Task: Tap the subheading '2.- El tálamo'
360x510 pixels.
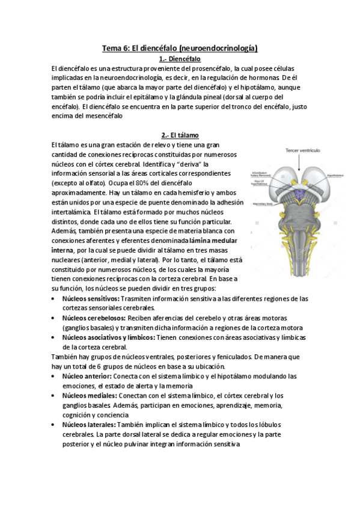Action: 180,135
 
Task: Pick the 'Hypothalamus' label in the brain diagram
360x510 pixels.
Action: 335,176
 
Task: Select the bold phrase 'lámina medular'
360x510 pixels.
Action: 213,239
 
